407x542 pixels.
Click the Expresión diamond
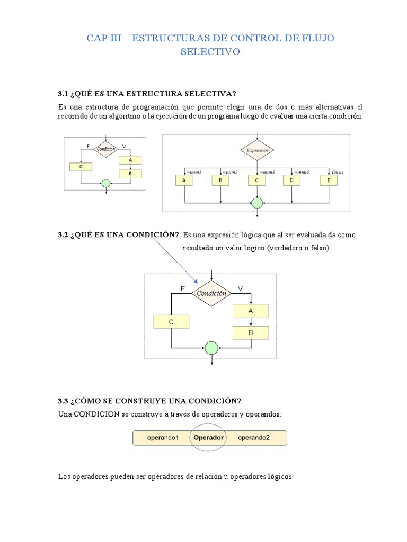point(257,150)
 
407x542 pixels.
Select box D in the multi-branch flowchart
point(291,180)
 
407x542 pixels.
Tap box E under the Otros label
point(328,180)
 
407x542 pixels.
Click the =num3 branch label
point(267,172)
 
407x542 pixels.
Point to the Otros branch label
point(337,172)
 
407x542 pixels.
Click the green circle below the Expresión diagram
point(257,203)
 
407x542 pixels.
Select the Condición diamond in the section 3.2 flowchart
point(211,293)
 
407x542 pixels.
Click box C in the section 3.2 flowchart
point(171,322)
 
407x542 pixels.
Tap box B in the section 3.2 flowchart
point(251,332)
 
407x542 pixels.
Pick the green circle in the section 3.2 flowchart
point(211,348)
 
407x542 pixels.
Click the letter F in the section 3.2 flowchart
point(183,288)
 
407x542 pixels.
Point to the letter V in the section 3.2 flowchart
point(240,288)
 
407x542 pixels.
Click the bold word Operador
point(209,438)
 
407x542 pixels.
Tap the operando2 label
point(254,438)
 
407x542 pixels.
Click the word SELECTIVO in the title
point(210,52)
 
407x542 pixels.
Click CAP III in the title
point(104,38)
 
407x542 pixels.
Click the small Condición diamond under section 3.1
point(105,149)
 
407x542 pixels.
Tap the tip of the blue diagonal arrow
point(197,283)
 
